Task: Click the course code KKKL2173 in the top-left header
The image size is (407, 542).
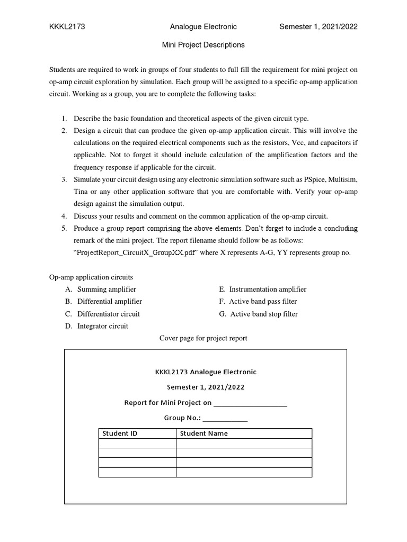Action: [x=67, y=26]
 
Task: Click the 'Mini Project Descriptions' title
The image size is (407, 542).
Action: [x=203, y=45]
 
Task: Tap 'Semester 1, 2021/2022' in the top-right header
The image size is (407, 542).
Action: [x=318, y=26]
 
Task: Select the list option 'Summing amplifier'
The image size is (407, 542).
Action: [x=107, y=289]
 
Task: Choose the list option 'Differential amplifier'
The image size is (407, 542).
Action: [x=109, y=301]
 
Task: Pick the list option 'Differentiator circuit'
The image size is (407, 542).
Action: [x=108, y=314]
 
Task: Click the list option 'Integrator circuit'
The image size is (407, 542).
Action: [x=102, y=326]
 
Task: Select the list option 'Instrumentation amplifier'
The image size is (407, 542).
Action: [x=268, y=289]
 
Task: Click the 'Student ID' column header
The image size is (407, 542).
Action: [x=120, y=433]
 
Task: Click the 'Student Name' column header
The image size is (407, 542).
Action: [x=204, y=433]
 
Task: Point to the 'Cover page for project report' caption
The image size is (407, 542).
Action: [x=203, y=338]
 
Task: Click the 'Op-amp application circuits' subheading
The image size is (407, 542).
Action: [x=91, y=277]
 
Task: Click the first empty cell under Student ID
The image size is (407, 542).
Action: [x=137, y=444]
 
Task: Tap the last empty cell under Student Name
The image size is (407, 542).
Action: [x=244, y=472]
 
